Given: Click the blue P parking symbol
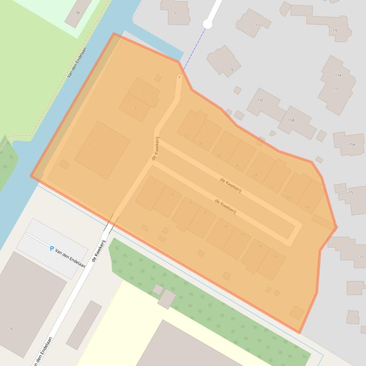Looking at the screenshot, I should pyautogui.click(x=52, y=249).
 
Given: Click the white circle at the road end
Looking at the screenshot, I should pyautogui.click(x=208, y=24).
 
